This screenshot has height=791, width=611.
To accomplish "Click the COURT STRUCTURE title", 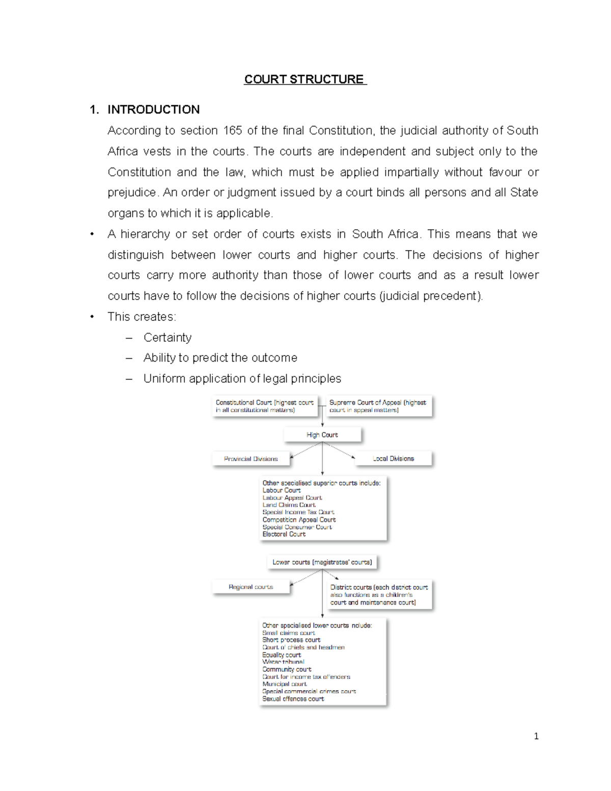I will tap(304, 79).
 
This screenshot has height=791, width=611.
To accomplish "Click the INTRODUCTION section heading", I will tap(153, 110).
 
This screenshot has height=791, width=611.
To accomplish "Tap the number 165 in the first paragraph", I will tap(232, 130).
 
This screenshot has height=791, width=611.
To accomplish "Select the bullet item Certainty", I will tap(168, 337).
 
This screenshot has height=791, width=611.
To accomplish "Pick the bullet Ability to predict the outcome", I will tap(220, 358).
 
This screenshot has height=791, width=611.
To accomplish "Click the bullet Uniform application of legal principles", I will tap(242, 378).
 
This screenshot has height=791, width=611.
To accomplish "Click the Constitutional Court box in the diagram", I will tap(264, 406).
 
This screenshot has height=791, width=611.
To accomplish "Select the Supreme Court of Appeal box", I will tap(378, 406).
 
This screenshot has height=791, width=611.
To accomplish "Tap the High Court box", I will tap(322, 434).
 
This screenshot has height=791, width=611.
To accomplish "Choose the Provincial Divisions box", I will tap(251, 458).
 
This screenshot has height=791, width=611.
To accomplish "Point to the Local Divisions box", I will tap(393, 458).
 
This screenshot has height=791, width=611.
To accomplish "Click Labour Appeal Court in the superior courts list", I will tap(292, 498).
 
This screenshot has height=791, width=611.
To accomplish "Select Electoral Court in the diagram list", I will tap(284, 534).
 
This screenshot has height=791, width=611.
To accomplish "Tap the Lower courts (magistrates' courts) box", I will tap(322, 562).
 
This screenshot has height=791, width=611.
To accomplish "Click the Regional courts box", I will tap(251, 587).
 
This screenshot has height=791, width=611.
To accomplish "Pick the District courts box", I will tap(379, 594).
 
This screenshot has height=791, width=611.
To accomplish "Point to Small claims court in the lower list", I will tap(289, 633).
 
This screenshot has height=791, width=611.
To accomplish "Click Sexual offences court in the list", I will tap(293, 699).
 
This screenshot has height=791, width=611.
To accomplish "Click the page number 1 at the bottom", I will tap(536, 736).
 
